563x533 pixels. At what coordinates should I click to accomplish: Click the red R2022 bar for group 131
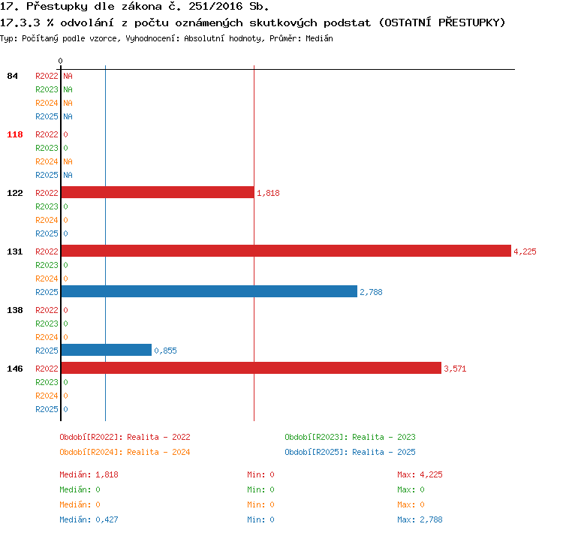pyautogui.click(x=286, y=251)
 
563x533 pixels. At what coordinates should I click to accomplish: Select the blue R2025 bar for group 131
pyautogui.click(x=209, y=291)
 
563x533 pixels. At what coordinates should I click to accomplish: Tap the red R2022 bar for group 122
pyautogui.click(x=158, y=192)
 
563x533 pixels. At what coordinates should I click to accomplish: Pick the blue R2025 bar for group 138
pyautogui.click(x=107, y=350)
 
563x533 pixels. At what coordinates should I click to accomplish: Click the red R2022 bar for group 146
pyautogui.click(x=251, y=368)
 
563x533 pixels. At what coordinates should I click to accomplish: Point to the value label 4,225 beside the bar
pyautogui.click(x=525, y=251)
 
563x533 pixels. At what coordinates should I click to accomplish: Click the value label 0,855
pyautogui.click(x=166, y=351)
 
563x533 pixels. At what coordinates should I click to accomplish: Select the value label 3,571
pyautogui.click(x=455, y=369)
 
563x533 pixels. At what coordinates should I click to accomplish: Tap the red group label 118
pyautogui.click(x=15, y=134)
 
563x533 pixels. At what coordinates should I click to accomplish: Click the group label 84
pyautogui.click(x=12, y=76)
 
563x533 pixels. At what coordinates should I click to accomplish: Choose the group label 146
pyautogui.click(x=15, y=369)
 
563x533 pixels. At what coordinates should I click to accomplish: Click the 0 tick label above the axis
pyautogui.click(x=60, y=61)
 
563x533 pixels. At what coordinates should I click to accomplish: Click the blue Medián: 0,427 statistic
pyautogui.click(x=89, y=519)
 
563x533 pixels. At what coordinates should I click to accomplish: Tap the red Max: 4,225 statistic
pyautogui.click(x=420, y=474)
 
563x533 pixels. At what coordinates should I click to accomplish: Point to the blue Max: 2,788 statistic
pyautogui.click(x=420, y=519)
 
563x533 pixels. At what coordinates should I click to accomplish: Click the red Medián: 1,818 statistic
pyautogui.click(x=89, y=474)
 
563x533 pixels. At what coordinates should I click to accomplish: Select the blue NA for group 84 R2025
pyautogui.click(x=68, y=116)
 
